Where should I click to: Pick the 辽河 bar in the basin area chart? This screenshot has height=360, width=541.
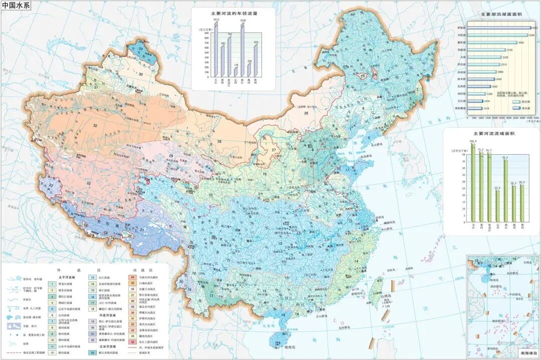point(497,206)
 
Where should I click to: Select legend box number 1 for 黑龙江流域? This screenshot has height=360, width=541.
point(52,283)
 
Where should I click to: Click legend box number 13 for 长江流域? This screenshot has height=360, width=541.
point(93,277)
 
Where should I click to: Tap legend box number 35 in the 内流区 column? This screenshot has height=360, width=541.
point(133,342)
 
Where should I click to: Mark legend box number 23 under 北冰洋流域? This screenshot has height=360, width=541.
point(93,352)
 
